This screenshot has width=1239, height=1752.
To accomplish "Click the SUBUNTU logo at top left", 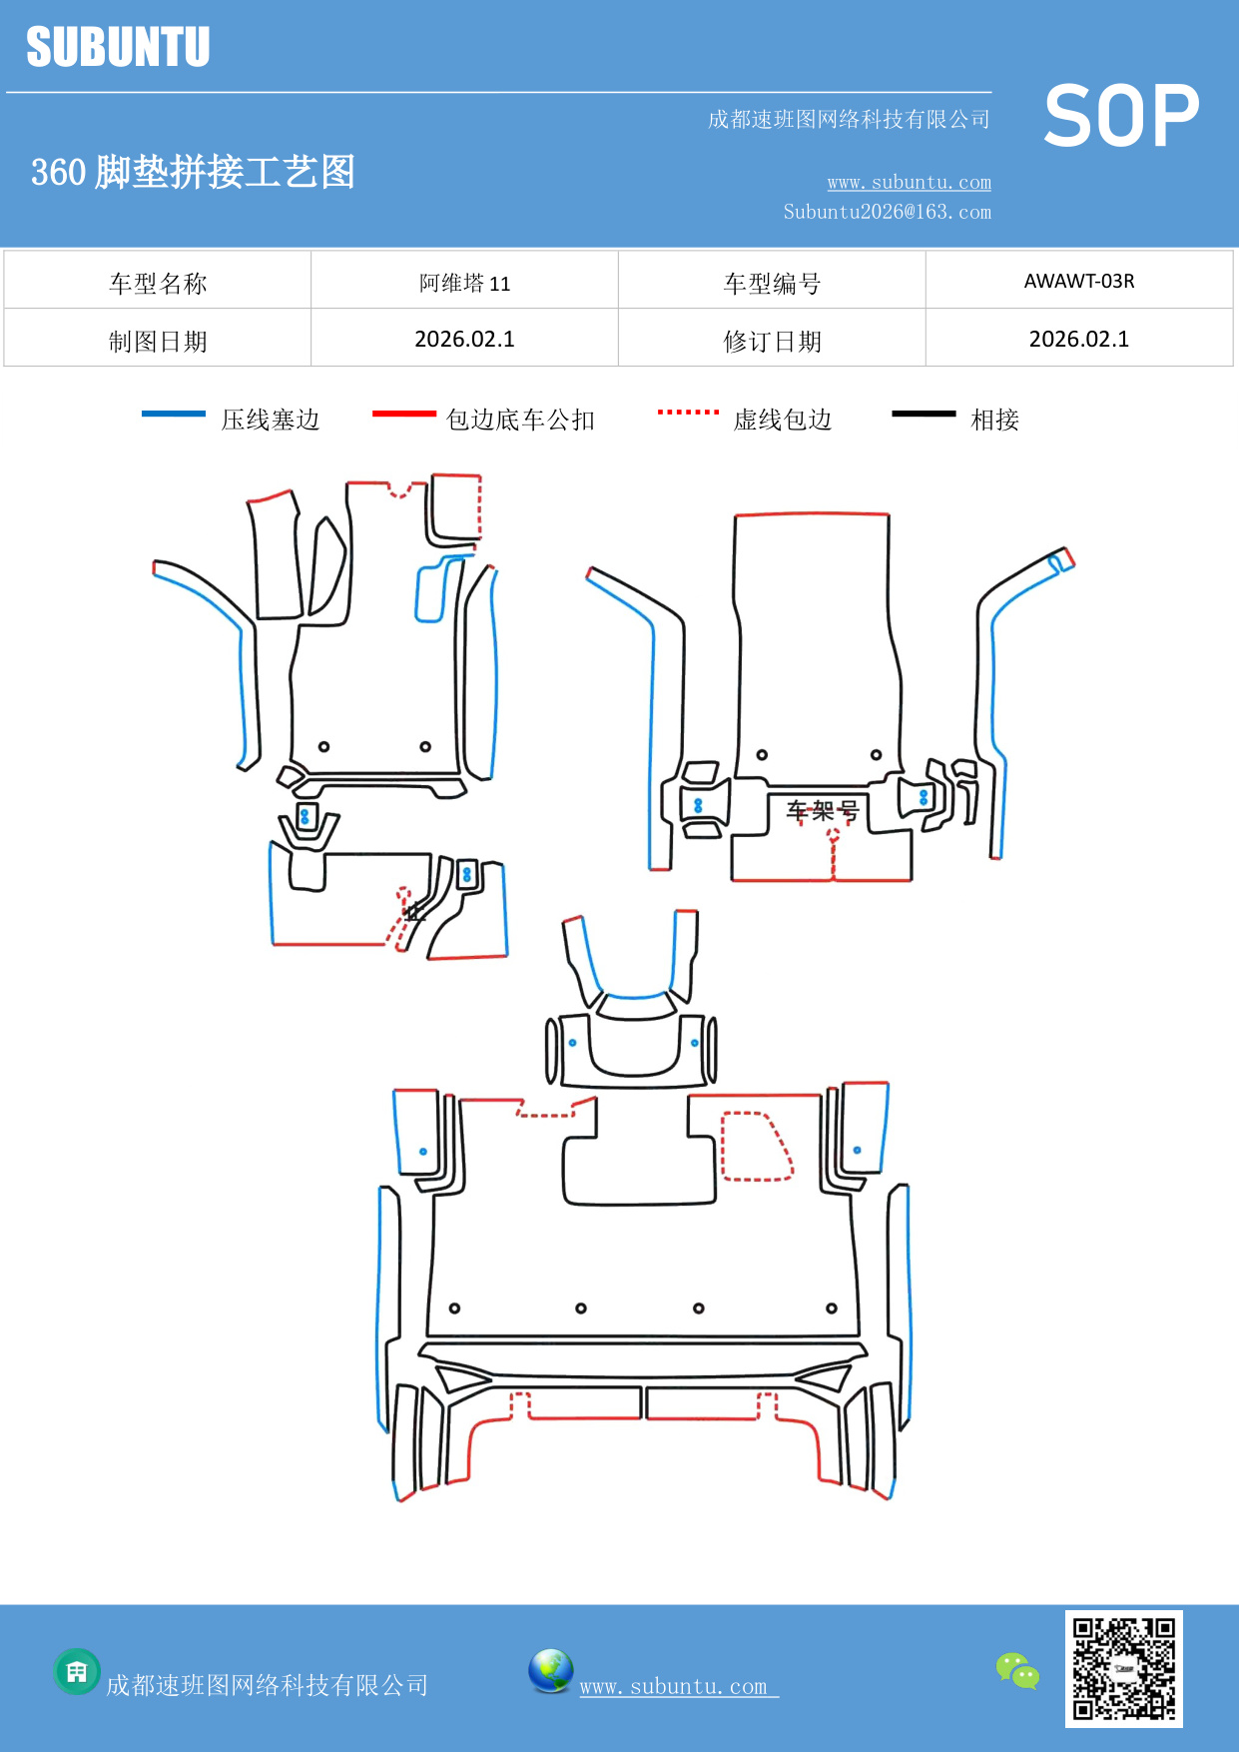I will click(118, 47).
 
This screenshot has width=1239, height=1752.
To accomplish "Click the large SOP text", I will click(1121, 117).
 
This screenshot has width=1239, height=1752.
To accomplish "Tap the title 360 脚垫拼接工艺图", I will click(193, 172).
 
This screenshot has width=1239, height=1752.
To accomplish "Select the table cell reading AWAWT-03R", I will click(1079, 281).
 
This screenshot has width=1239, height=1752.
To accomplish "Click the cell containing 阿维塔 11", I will click(464, 283).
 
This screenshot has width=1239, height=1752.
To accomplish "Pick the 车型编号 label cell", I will click(772, 283).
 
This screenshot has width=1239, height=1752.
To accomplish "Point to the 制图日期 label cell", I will click(158, 341).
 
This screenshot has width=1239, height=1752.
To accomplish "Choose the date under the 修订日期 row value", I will click(1079, 340).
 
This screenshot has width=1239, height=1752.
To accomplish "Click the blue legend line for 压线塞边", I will click(174, 414).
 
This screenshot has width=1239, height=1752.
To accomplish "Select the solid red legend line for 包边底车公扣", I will click(403, 414).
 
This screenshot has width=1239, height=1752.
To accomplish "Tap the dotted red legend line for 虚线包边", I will click(688, 412).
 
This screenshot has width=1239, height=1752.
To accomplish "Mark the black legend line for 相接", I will click(924, 414).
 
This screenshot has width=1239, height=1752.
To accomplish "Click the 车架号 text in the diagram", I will click(822, 810).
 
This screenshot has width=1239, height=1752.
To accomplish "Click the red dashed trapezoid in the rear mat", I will click(755, 1147).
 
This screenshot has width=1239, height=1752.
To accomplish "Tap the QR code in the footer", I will click(1123, 1668).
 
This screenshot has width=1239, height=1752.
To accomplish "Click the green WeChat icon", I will click(1017, 1670).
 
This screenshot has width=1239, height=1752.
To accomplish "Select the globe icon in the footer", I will click(550, 1671).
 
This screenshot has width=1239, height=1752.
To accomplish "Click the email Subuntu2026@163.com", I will click(887, 212).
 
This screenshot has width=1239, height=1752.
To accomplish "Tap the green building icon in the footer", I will click(77, 1671).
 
